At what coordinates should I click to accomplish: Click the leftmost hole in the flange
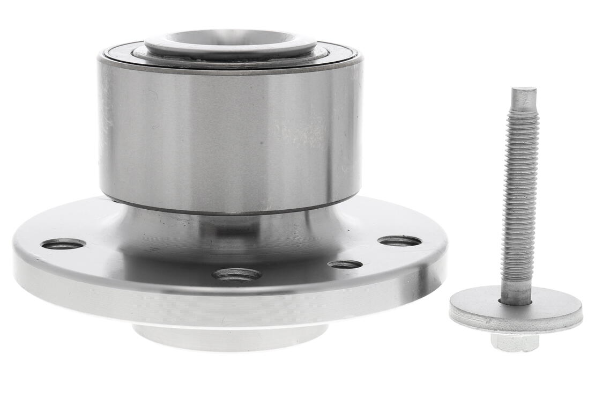pos(63,244)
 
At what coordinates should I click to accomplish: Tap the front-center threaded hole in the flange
pos(236,275)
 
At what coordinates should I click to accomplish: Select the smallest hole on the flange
pos(345,264)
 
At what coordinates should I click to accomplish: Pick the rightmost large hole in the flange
pos(399,241)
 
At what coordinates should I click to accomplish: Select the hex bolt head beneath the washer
pos(515,342)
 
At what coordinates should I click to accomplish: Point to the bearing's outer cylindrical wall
pos(230,139)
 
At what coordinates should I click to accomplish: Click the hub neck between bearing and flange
pos(230,225)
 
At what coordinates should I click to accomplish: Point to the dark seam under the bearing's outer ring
pos(230,212)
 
